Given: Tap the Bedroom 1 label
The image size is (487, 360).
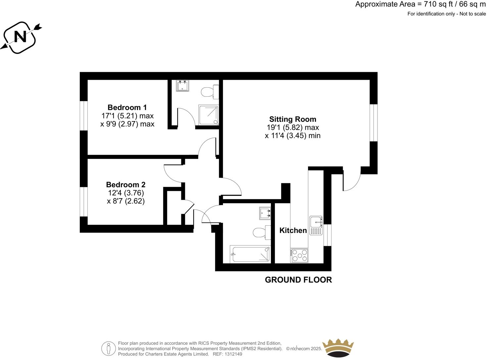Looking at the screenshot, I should [127, 108].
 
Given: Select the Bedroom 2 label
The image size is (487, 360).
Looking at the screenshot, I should [126, 185].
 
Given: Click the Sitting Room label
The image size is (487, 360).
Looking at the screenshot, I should [292, 119].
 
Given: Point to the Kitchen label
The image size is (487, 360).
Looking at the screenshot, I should [293, 230].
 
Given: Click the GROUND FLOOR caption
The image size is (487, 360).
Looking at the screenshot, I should [298, 280].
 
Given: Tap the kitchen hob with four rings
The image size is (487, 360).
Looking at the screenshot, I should [299, 255].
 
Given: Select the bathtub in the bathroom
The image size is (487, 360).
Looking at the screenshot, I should [250, 254].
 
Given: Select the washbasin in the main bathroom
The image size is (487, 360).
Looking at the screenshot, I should [265, 213].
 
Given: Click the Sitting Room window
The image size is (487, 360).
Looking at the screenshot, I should [374, 123].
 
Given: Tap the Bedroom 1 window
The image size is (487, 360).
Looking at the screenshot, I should [84, 115].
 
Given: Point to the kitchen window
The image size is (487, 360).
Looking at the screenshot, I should [327, 235].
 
